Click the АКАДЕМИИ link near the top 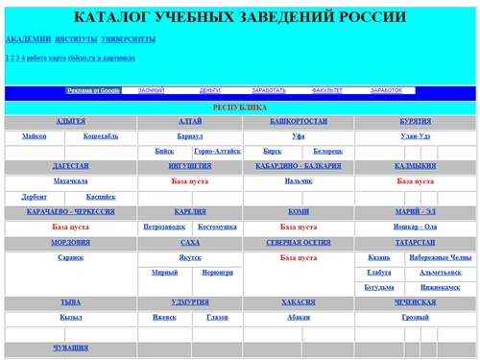click(x=28, y=39)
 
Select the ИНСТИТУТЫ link click(x=77, y=39)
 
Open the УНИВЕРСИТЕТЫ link click(x=128, y=39)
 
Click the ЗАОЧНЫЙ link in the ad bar click(x=152, y=90)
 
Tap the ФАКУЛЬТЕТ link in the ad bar click(x=326, y=90)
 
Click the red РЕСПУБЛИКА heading click(x=240, y=108)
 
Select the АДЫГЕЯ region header click(x=70, y=122)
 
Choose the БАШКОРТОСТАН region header click(x=299, y=122)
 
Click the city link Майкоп click(x=39, y=136)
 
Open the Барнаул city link click(x=190, y=136)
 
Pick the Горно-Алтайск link click(x=217, y=152)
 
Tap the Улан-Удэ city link click(x=416, y=136)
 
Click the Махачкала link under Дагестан click(x=70, y=180)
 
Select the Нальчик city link click(x=299, y=180)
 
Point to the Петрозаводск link click(x=163, y=228)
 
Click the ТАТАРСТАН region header click(x=416, y=243)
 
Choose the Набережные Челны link click(x=440, y=257)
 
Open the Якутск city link click(x=190, y=257)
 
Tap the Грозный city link click(x=416, y=317)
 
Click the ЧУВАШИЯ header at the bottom click(x=70, y=348)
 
